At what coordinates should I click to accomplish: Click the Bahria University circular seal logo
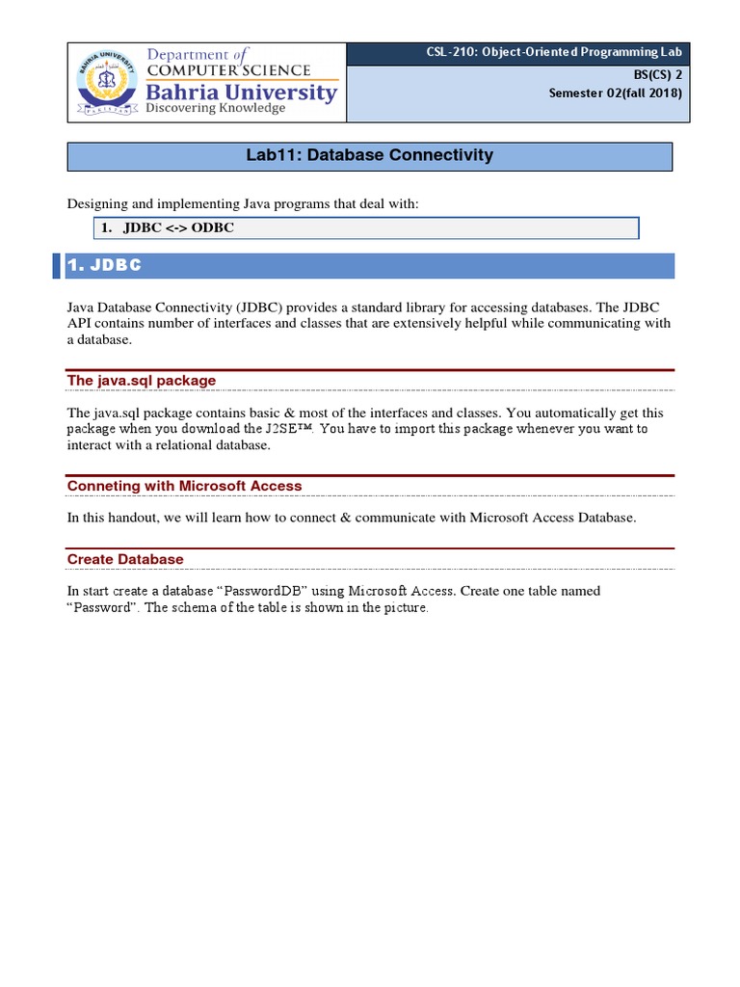click(x=105, y=82)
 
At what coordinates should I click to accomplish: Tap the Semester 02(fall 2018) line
click(x=615, y=93)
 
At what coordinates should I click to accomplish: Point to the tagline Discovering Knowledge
click(x=215, y=109)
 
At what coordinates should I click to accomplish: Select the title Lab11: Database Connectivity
click(x=370, y=155)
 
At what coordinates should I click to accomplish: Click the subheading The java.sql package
click(x=142, y=381)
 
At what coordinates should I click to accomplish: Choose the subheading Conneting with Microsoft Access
click(x=184, y=486)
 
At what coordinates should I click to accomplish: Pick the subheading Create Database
click(x=125, y=559)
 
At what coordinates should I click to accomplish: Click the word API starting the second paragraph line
click(x=79, y=324)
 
